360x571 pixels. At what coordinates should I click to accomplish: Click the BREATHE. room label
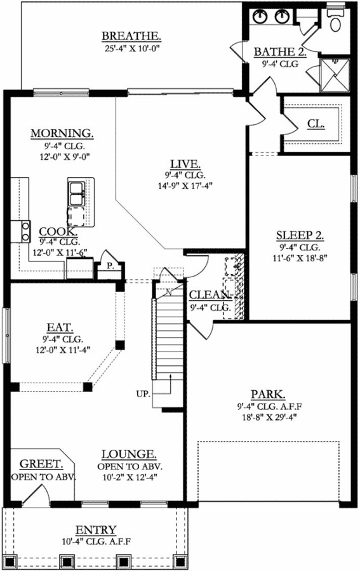131,36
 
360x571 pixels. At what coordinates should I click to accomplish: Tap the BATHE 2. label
279,51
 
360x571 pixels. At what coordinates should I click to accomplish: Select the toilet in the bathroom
335,21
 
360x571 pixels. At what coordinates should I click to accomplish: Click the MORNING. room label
62,133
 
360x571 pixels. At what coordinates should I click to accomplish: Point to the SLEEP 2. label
300,235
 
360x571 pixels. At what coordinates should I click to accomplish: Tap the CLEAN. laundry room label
210,295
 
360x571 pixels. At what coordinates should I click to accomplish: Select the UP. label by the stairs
143,394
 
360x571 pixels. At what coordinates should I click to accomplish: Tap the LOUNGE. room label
130,454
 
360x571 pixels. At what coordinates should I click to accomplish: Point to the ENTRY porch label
96,530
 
